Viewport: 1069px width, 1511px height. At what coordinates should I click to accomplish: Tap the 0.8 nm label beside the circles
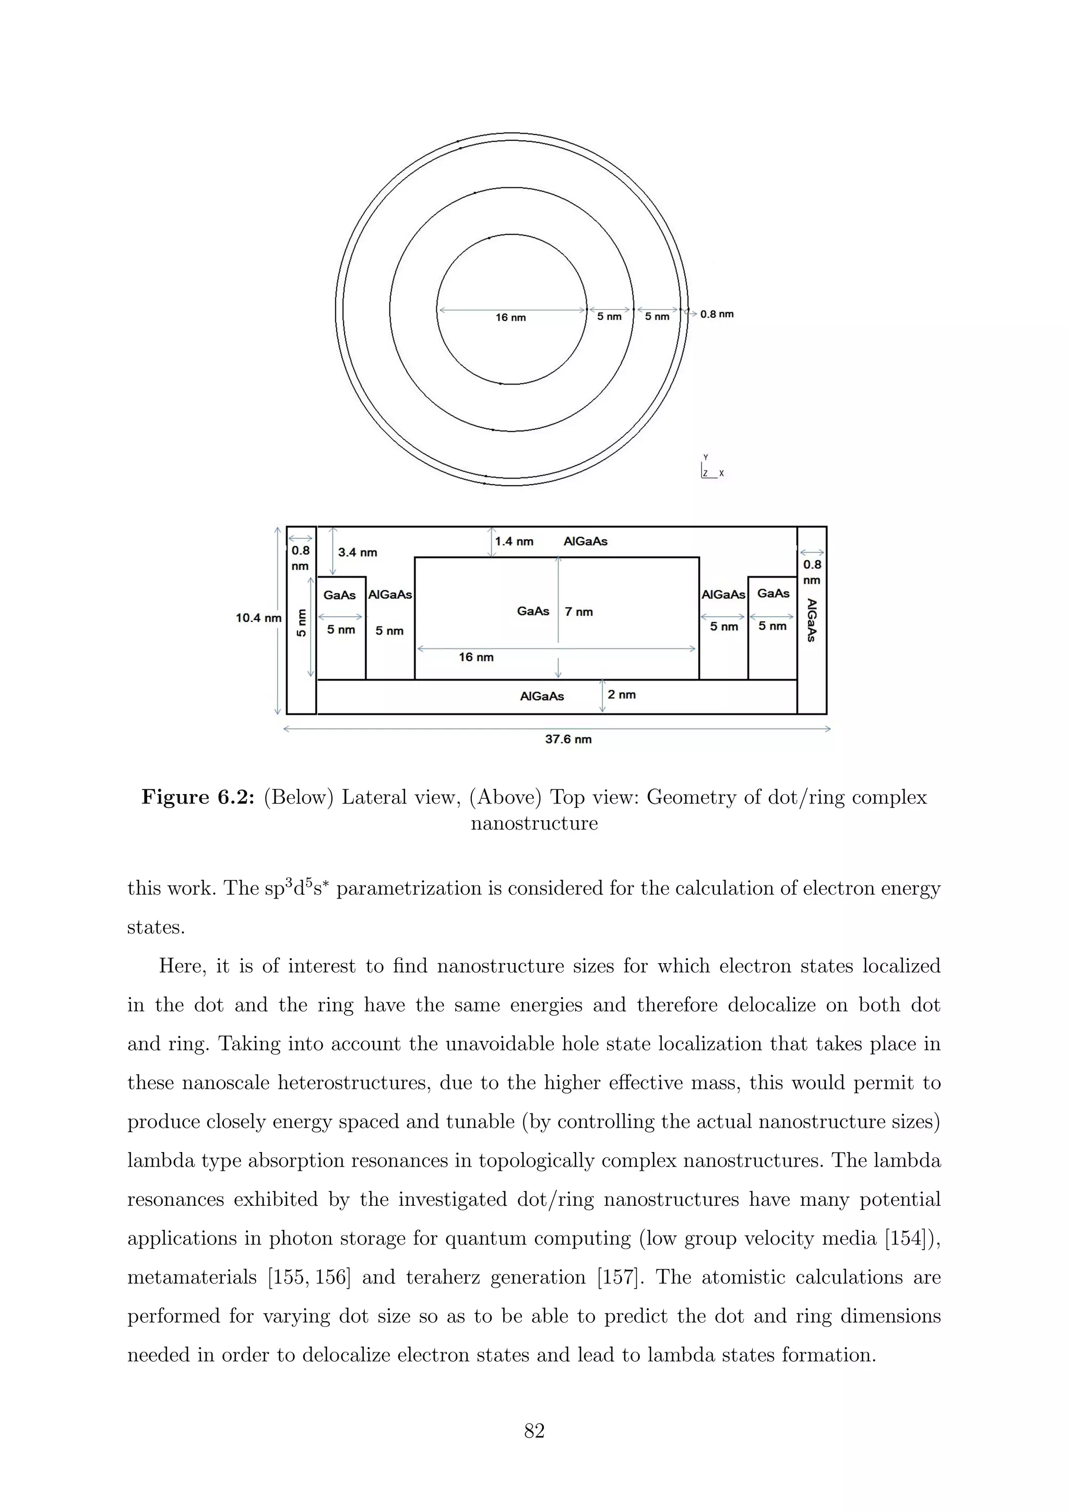pyautogui.click(x=716, y=314)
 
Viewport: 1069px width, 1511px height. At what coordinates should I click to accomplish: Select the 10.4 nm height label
pyautogui.click(x=259, y=618)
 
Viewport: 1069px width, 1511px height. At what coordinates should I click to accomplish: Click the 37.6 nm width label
pyautogui.click(x=568, y=739)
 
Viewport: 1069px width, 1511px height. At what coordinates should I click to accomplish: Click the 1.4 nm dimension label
pyautogui.click(x=514, y=542)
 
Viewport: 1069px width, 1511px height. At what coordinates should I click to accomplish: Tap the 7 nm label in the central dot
pyautogui.click(x=578, y=612)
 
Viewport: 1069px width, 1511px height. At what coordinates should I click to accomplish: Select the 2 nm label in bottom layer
pyautogui.click(x=621, y=694)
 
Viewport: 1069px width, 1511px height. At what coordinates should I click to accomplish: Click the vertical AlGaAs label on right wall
pyautogui.click(x=812, y=620)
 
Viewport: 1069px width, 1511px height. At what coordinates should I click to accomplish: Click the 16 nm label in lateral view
pyautogui.click(x=476, y=657)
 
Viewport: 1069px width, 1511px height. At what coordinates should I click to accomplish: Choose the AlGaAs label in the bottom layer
pyautogui.click(x=542, y=696)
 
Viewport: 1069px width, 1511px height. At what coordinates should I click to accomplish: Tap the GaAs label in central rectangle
pyautogui.click(x=532, y=611)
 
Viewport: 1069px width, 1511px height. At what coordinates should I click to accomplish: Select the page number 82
pyautogui.click(x=534, y=1430)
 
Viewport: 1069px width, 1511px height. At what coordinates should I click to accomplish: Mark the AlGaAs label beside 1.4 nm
pyautogui.click(x=585, y=542)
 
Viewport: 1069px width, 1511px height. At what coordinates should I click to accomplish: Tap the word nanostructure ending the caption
pyautogui.click(x=534, y=824)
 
